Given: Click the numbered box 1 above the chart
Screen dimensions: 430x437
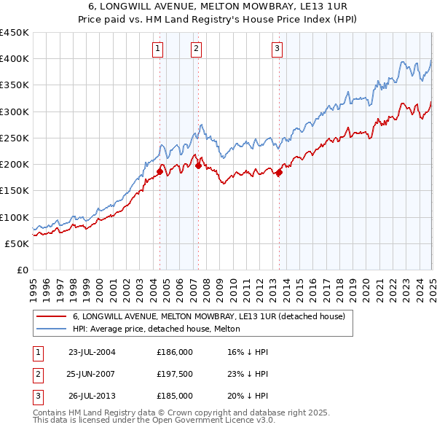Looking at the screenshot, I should click(x=158, y=49).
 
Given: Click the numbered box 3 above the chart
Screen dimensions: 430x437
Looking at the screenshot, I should click(x=277, y=49).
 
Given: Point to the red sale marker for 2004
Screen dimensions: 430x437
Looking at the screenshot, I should click(x=160, y=171).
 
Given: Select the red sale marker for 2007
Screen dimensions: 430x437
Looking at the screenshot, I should click(x=198, y=165).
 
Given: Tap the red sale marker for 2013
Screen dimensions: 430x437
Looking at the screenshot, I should click(x=279, y=172).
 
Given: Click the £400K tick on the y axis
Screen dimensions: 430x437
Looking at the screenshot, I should click(x=14, y=59).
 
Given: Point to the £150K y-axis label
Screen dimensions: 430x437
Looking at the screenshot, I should click(x=14, y=191).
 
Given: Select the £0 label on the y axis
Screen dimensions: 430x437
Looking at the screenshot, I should click(x=23, y=270).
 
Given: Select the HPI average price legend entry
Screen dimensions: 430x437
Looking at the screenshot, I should click(x=161, y=329).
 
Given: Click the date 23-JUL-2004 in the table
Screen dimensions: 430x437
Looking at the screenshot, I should click(x=92, y=352).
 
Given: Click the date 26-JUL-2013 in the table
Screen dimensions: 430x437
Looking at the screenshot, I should click(x=92, y=396).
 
